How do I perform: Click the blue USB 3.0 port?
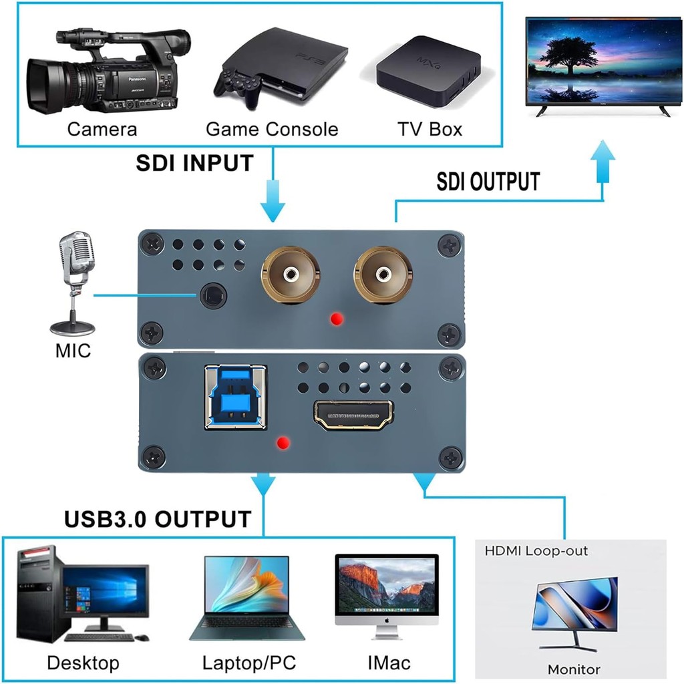pos(236,397)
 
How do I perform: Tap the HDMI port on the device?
pos(353,415)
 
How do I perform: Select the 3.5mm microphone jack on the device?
pos(213,296)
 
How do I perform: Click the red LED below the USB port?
pos(283,444)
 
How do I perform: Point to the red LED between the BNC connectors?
pos(337,319)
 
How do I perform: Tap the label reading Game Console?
pos(272,129)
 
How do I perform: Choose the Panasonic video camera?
pos(108,72)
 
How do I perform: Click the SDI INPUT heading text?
pos(194,163)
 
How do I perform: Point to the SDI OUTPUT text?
pos(488,182)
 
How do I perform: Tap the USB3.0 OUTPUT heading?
pos(158,519)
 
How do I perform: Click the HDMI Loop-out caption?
pos(536,550)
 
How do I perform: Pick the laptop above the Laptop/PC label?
pos(247,598)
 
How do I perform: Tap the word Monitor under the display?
pos(574,669)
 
